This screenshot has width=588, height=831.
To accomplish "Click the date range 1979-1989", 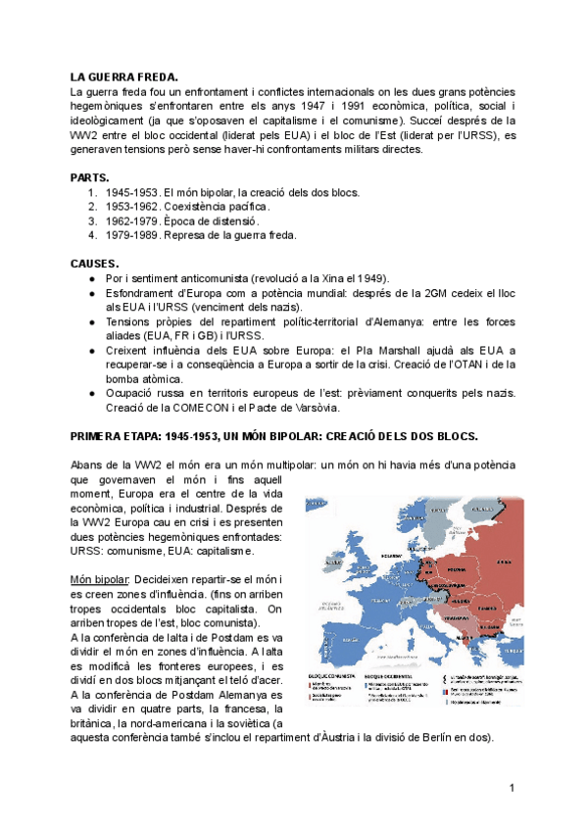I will point(132,235).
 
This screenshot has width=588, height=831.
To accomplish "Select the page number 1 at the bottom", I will point(512,788).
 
